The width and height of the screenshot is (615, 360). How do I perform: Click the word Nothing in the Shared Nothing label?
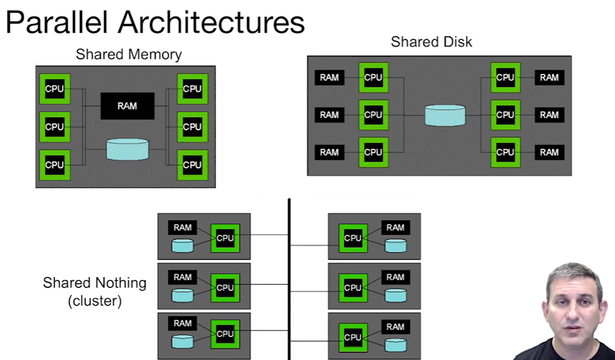click(x=120, y=283)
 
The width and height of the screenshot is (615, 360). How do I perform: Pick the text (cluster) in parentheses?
click(x=94, y=301)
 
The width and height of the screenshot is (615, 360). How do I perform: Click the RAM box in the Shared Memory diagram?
click(x=127, y=106)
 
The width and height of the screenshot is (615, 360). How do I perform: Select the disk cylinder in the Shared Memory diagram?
click(x=127, y=149)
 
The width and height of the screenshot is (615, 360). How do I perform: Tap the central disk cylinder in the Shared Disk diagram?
click(x=445, y=115)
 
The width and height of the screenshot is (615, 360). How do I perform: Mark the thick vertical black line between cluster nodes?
click(x=289, y=278)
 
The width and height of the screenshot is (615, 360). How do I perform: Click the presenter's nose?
click(x=572, y=309)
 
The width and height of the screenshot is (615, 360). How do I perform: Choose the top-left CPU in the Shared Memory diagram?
click(x=54, y=89)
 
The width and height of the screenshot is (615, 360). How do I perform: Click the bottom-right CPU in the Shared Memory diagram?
click(x=192, y=165)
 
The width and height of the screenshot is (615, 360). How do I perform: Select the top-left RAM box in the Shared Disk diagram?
click(x=329, y=77)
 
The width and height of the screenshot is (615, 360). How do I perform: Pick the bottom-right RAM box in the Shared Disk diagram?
click(x=549, y=152)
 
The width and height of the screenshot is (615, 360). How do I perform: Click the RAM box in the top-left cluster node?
click(x=182, y=227)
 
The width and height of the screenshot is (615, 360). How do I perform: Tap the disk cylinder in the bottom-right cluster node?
click(x=395, y=345)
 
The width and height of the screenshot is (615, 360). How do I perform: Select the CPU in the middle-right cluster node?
click(x=353, y=288)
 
